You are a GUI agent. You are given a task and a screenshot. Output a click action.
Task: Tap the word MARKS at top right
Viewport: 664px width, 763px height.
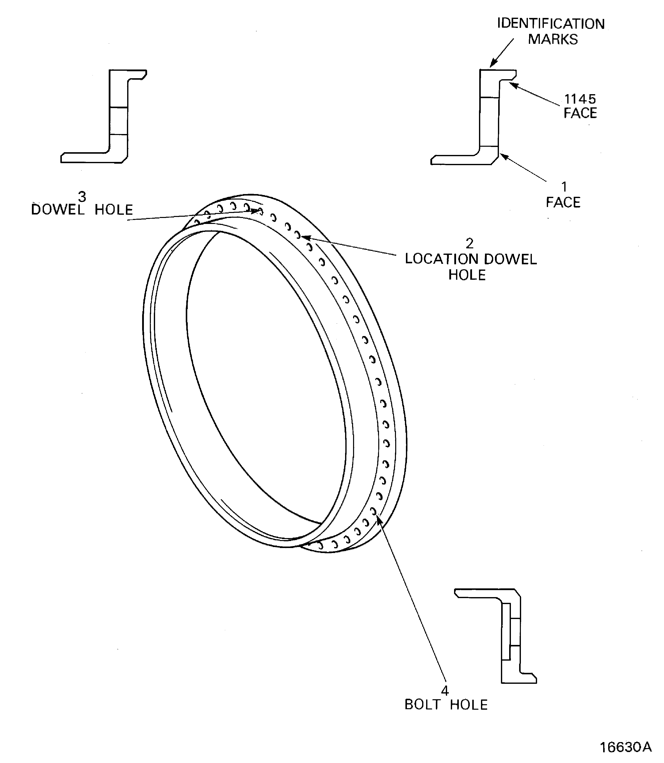(x=553, y=39)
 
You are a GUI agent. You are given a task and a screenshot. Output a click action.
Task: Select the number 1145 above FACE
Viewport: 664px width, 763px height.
(x=580, y=99)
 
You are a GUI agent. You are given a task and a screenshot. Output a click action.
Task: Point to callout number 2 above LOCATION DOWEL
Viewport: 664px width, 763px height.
(x=470, y=243)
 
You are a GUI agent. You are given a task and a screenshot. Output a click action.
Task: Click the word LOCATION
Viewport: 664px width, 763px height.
(x=442, y=259)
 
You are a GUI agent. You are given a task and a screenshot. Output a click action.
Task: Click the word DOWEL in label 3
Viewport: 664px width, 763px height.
(x=58, y=210)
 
